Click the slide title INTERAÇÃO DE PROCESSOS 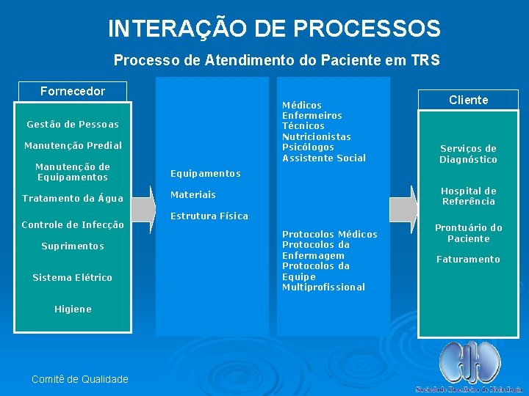tap(274, 29)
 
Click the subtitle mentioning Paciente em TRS tap(276, 60)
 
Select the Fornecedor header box tap(72, 92)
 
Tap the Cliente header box tap(468, 100)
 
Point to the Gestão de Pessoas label tap(72, 125)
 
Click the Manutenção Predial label tap(72, 146)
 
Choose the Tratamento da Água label tap(72, 199)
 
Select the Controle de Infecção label tap(72, 224)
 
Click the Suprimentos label tap(72, 246)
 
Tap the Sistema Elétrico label tap(72, 277)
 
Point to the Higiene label tap(72, 309)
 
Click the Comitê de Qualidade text tap(79, 379)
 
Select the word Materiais tap(192, 195)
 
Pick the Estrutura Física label tap(209, 216)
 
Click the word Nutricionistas tap(317, 137)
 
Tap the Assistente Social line tap(323, 158)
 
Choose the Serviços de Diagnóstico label tap(468, 154)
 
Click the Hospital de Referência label tap(468, 196)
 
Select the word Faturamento tap(468, 260)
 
